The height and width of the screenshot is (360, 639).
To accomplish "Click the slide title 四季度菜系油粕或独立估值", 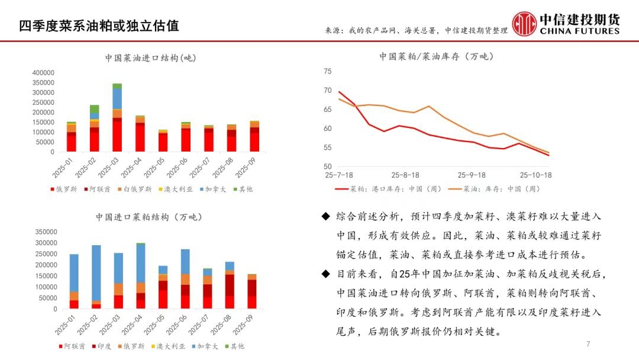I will click(98, 26).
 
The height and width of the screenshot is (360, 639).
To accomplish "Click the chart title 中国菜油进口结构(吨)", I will click(150, 58).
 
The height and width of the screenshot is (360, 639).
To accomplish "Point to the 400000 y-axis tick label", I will click(43, 72).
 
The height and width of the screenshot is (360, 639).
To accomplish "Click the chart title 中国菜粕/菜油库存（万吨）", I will click(437, 57).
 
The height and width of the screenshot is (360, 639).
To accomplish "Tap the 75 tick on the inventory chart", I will click(328, 71).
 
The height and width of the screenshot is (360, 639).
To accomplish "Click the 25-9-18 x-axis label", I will click(471, 175).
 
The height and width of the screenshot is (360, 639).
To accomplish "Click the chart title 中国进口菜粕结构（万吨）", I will click(149, 217).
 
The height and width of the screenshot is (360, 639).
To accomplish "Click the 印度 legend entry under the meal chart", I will click(105, 346).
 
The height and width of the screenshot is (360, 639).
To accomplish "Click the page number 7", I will click(588, 345).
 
